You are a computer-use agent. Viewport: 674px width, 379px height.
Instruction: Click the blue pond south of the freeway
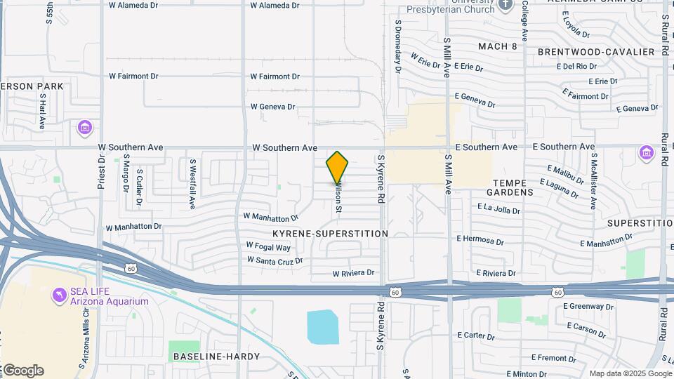[x=322, y=327]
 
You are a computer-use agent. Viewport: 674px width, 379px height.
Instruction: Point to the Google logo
[x=22, y=371]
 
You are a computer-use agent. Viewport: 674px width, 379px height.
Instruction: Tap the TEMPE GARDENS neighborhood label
[x=509, y=187]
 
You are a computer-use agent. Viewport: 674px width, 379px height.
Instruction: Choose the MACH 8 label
[x=497, y=46]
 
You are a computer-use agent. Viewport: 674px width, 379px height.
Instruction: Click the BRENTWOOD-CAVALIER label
[x=596, y=52]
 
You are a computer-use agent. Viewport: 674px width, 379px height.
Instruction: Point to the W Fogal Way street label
[x=268, y=247]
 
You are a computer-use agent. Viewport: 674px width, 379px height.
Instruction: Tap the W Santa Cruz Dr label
[x=275, y=260]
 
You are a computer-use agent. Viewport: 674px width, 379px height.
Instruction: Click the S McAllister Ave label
[x=593, y=182]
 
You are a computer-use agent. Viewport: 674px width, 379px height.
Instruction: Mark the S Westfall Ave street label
[x=192, y=183]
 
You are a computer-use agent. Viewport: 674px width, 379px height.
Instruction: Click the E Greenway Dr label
[x=588, y=307]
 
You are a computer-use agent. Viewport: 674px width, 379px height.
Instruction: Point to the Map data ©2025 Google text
[x=630, y=373]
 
